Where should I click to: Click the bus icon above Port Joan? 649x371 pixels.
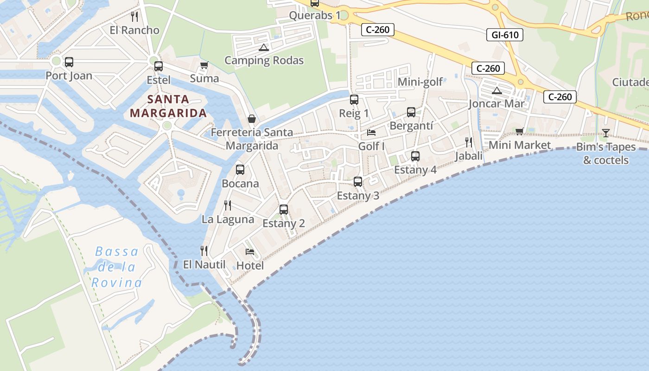[x=69, y=62]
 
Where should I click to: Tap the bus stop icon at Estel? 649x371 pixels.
[x=159, y=66]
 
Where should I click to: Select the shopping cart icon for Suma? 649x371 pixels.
[x=204, y=65]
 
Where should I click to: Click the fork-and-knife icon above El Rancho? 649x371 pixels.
[x=134, y=17]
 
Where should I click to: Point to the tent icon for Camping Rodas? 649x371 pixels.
[x=264, y=47]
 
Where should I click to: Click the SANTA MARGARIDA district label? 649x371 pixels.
[x=168, y=106]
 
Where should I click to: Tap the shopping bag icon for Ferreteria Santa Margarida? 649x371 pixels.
[x=252, y=119]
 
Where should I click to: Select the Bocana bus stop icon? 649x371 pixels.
[x=240, y=170]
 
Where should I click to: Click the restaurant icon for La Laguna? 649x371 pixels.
[x=228, y=205]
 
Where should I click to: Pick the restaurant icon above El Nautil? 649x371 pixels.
[x=204, y=251]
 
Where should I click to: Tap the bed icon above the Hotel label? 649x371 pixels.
[x=250, y=252]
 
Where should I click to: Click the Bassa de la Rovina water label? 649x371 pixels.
[x=116, y=267]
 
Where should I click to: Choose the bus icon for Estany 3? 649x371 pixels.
[x=357, y=182]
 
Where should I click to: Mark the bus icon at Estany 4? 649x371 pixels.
[x=415, y=156]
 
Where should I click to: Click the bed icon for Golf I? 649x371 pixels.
[x=371, y=133]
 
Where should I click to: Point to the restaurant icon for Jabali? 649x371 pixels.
[x=469, y=142]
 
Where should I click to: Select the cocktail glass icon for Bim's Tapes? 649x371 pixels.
[x=605, y=133]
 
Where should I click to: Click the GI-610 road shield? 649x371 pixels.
[x=504, y=35]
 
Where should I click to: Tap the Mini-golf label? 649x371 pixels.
[x=420, y=82]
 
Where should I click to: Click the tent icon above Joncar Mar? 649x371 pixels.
[x=497, y=90]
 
